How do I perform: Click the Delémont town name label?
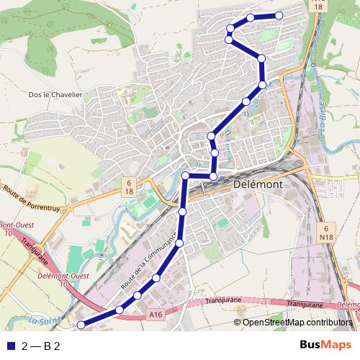258,184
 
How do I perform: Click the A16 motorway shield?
156,314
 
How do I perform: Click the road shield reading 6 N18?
325,231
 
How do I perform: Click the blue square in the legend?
10,346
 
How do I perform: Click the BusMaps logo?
325,345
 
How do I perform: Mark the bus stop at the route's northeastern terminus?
279,16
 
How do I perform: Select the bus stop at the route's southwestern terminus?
81,325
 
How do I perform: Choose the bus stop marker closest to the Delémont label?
213,176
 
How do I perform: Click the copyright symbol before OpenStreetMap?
238,323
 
